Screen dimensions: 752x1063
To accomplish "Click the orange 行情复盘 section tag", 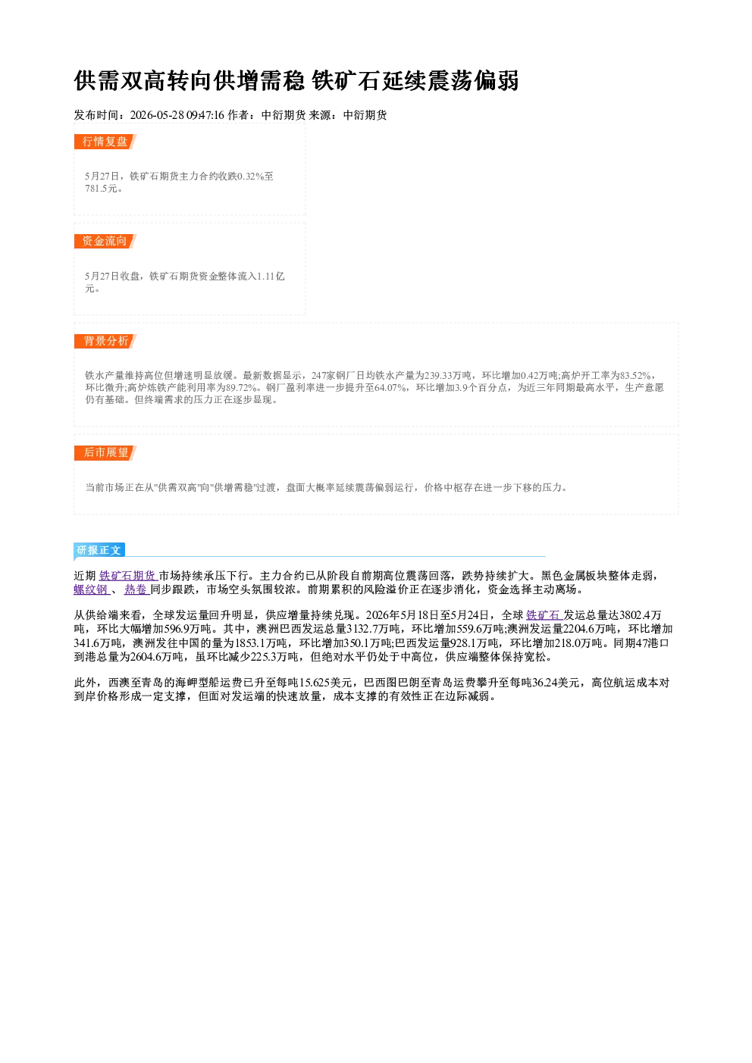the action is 105,142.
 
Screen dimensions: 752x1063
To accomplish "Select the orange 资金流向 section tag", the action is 105,241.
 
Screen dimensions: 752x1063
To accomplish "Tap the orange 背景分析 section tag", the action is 105,341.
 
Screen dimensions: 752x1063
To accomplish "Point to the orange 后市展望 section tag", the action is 105,452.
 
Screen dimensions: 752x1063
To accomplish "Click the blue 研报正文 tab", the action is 99,550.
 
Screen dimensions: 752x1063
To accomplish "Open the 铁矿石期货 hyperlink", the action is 128,576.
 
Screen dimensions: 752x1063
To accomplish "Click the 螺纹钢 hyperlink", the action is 92,589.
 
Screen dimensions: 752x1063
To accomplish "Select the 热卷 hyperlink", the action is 136,589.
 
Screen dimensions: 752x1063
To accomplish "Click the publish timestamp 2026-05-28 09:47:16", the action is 177,115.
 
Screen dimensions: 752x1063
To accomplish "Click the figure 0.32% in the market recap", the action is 251,177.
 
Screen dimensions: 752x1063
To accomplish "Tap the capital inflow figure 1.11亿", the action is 271,277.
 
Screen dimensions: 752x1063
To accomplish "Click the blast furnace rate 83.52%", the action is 635,375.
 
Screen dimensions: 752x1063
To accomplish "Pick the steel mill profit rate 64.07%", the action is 390,388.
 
